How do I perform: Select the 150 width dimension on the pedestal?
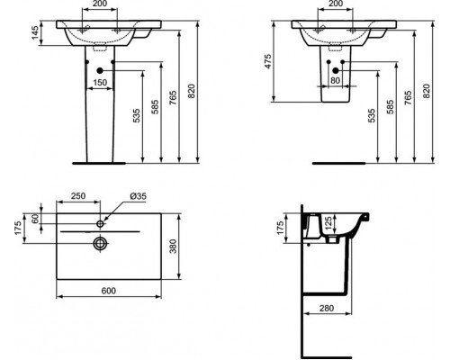pyautogui.click(x=101, y=83)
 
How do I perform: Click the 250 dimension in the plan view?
pyautogui.click(x=78, y=197)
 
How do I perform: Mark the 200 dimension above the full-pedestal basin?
pyautogui.click(x=101, y=6)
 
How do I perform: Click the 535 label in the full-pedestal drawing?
pyautogui.click(x=135, y=117)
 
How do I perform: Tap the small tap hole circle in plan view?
pyautogui.click(x=101, y=221)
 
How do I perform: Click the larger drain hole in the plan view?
pyautogui.click(x=101, y=241)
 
